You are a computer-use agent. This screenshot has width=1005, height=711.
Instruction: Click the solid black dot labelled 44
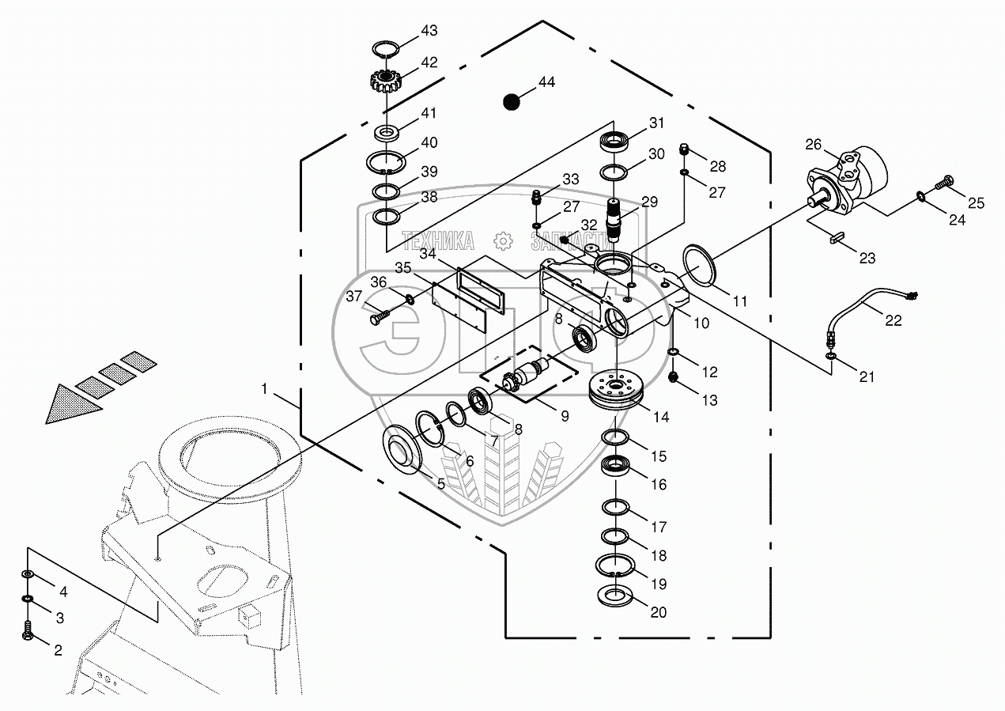pos(511,101)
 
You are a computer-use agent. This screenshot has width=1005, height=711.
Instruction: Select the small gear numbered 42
pos(385,81)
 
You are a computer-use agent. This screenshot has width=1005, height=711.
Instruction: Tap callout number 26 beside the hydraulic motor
pos(814,144)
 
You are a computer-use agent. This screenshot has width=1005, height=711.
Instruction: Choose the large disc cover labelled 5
pos(402,450)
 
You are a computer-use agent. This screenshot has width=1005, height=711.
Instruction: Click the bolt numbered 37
pos(380,317)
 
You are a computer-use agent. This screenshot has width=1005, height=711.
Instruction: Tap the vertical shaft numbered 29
pos(614,220)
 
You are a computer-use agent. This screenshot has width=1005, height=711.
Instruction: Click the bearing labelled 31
pos(614,141)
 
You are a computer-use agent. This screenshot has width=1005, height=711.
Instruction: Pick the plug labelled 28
pos(684,149)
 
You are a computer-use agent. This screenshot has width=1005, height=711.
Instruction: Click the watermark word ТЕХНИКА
pos(438,241)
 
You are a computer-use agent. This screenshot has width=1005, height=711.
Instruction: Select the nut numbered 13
pos(673,377)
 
